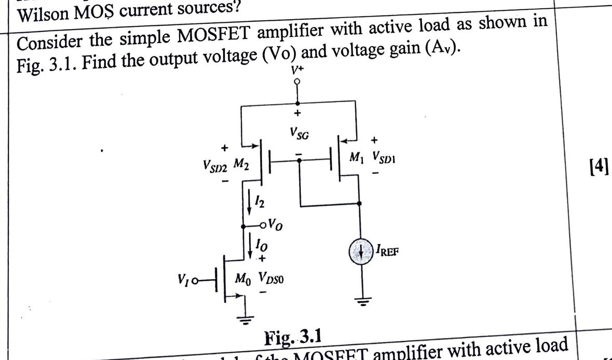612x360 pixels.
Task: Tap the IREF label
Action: [x=388, y=252]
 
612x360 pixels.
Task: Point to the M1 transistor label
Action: [x=356, y=156]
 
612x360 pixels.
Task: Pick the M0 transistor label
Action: [x=242, y=279]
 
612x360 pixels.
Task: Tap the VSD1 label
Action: [x=382, y=156]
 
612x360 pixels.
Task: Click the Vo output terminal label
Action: [x=274, y=226]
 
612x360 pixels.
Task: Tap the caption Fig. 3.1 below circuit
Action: [x=293, y=338]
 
